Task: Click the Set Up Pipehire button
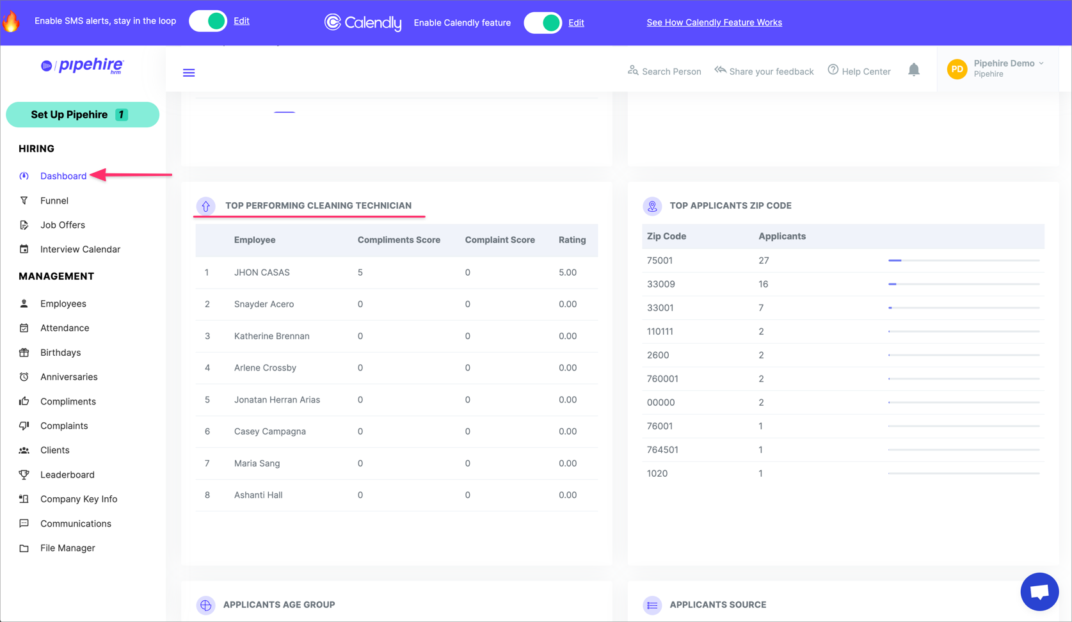click(82, 115)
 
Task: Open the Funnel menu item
click(54, 200)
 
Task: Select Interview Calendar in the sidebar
click(79, 249)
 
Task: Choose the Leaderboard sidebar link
click(67, 474)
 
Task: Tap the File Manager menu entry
click(67, 548)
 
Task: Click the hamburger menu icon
click(189, 73)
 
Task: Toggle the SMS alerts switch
click(209, 21)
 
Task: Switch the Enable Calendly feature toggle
click(543, 23)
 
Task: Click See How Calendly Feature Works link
click(714, 22)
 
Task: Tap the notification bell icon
click(913, 70)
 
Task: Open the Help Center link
click(859, 71)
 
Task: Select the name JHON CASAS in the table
click(262, 272)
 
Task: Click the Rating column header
click(572, 240)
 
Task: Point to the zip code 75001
click(659, 260)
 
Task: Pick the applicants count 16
click(763, 284)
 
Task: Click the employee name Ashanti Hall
click(258, 495)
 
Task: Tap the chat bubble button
click(1039, 591)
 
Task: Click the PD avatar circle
click(957, 69)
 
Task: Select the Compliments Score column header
click(399, 240)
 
